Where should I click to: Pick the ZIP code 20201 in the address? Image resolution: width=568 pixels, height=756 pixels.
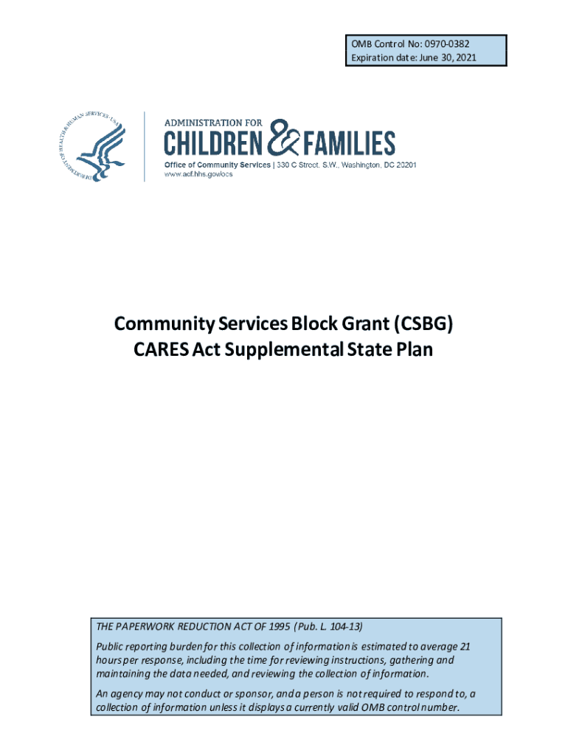pyautogui.click(x=405, y=165)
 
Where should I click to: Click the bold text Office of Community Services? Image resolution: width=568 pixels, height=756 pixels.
pyautogui.click(x=217, y=165)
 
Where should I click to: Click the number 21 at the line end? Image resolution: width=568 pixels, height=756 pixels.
pyautogui.click(x=464, y=647)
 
